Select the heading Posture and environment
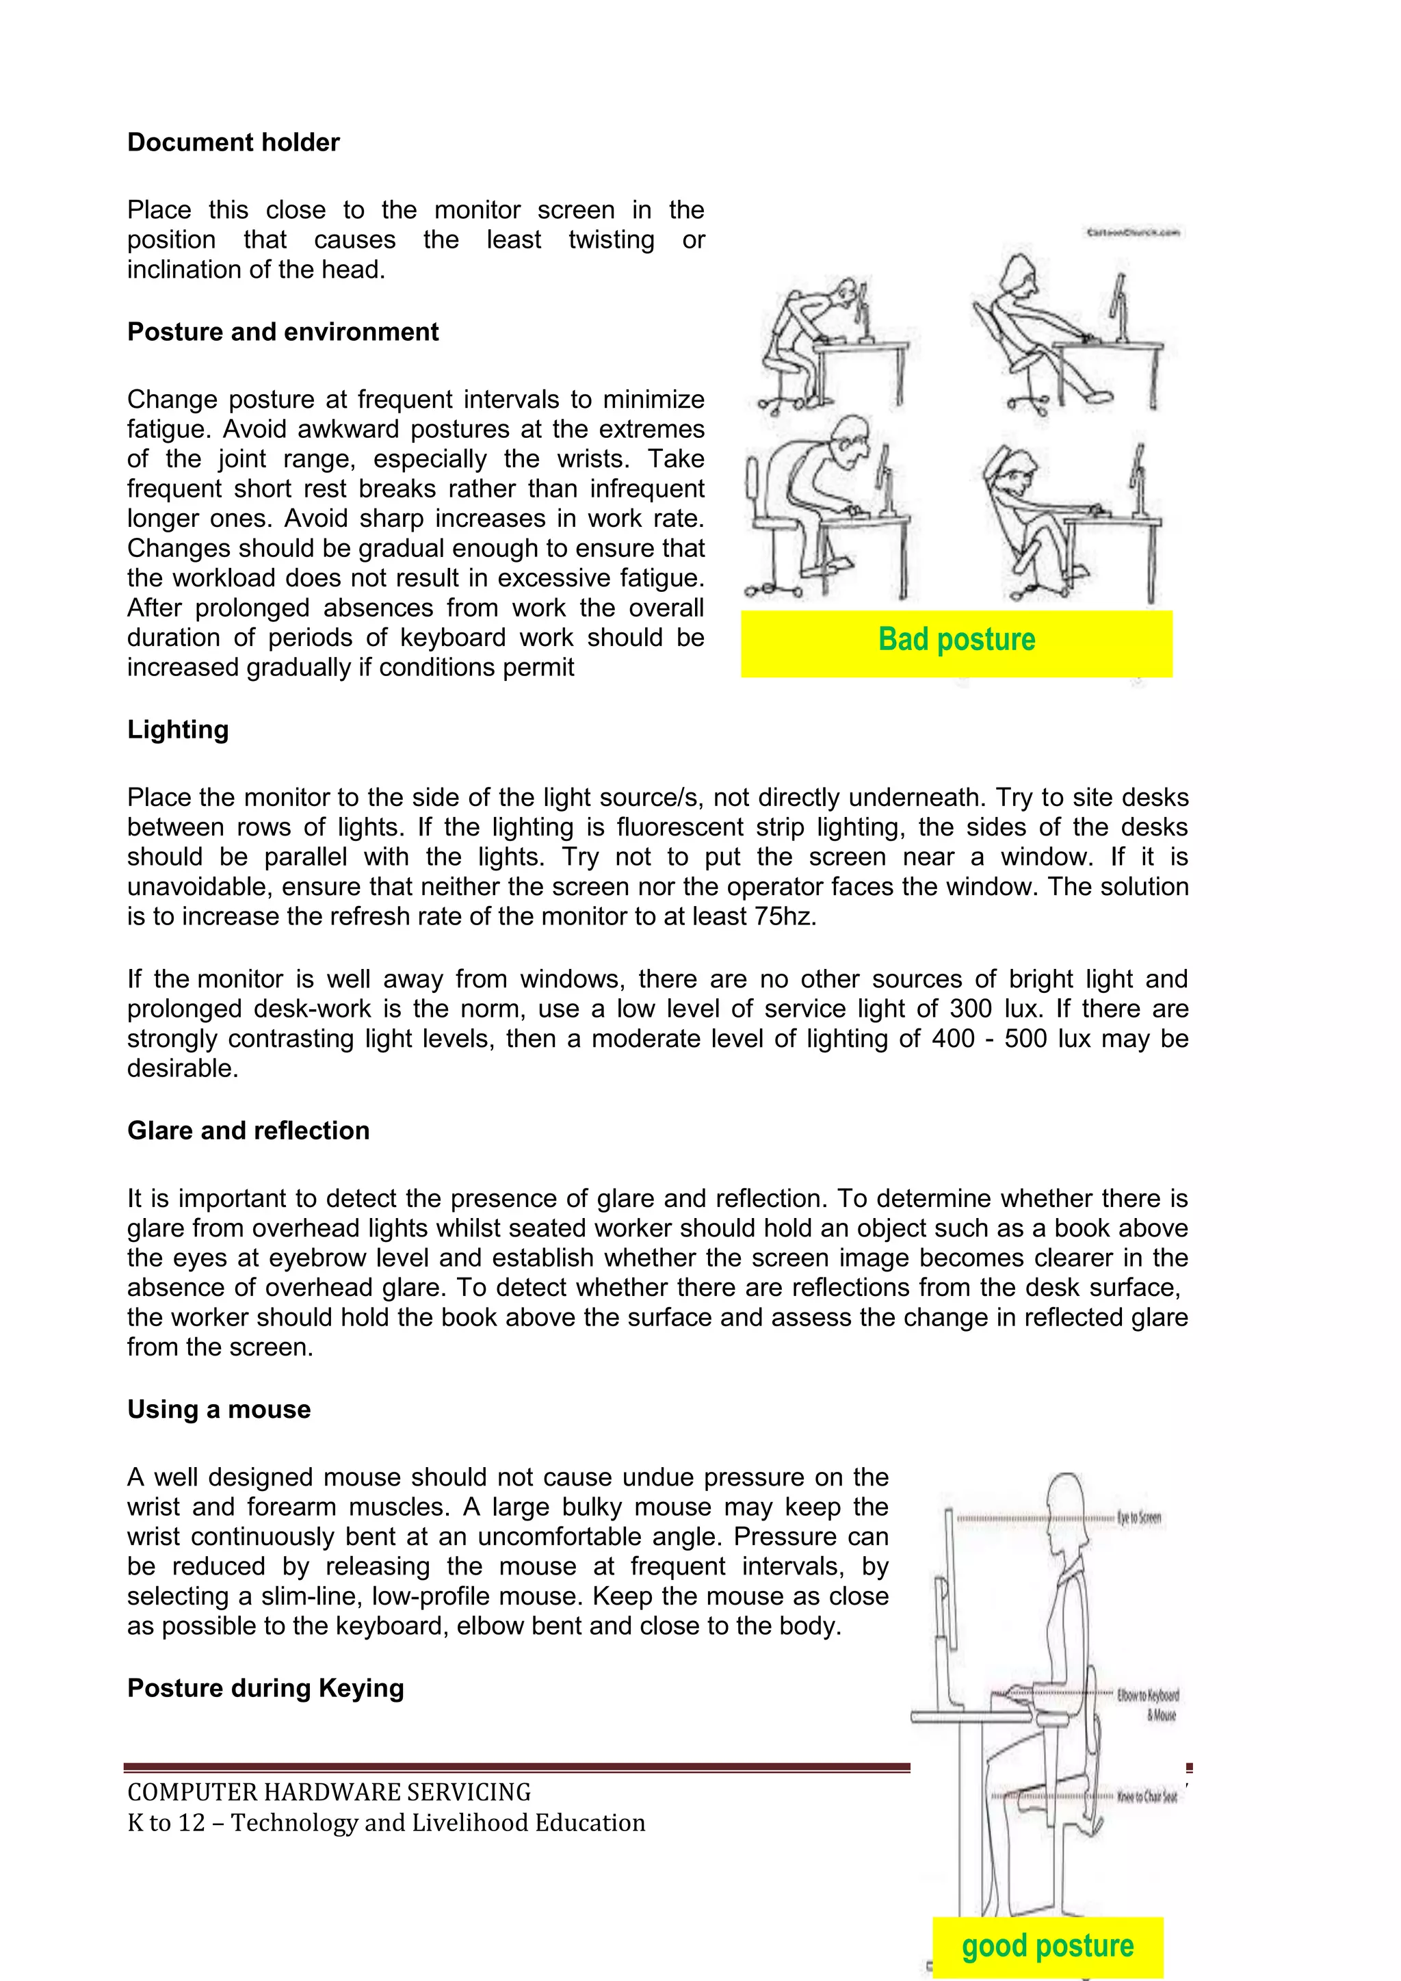click(x=283, y=332)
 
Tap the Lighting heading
click(x=178, y=730)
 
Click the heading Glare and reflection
click(x=248, y=1131)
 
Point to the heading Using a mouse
click(x=219, y=1410)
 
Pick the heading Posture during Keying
click(x=265, y=1689)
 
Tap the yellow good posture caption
click(x=1047, y=1947)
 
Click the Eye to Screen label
click(x=1139, y=1518)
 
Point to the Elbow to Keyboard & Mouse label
click(x=1147, y=1705)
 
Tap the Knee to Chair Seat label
click(x=1147, y=1797)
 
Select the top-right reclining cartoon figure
click(x=1044, y=332)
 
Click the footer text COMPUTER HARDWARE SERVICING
click(x=328, y=1793)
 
